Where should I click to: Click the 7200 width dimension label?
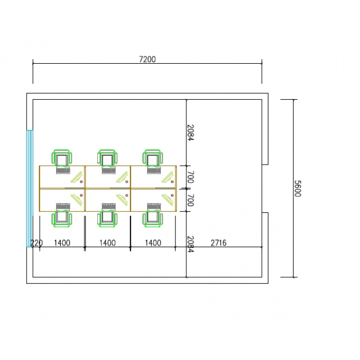tap(148, 59)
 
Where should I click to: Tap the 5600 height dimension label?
tap(298, 189)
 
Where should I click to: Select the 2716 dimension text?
tap(219, 243)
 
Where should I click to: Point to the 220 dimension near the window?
tap(37, 243)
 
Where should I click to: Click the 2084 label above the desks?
tap(191, 133)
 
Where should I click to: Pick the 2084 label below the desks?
tap(191, 244)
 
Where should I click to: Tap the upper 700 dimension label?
tap(191, 177)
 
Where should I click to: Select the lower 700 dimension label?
tap(191, 200)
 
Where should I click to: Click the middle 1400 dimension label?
tap(107, 243)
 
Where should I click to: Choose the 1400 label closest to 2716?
tap(153, 243)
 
